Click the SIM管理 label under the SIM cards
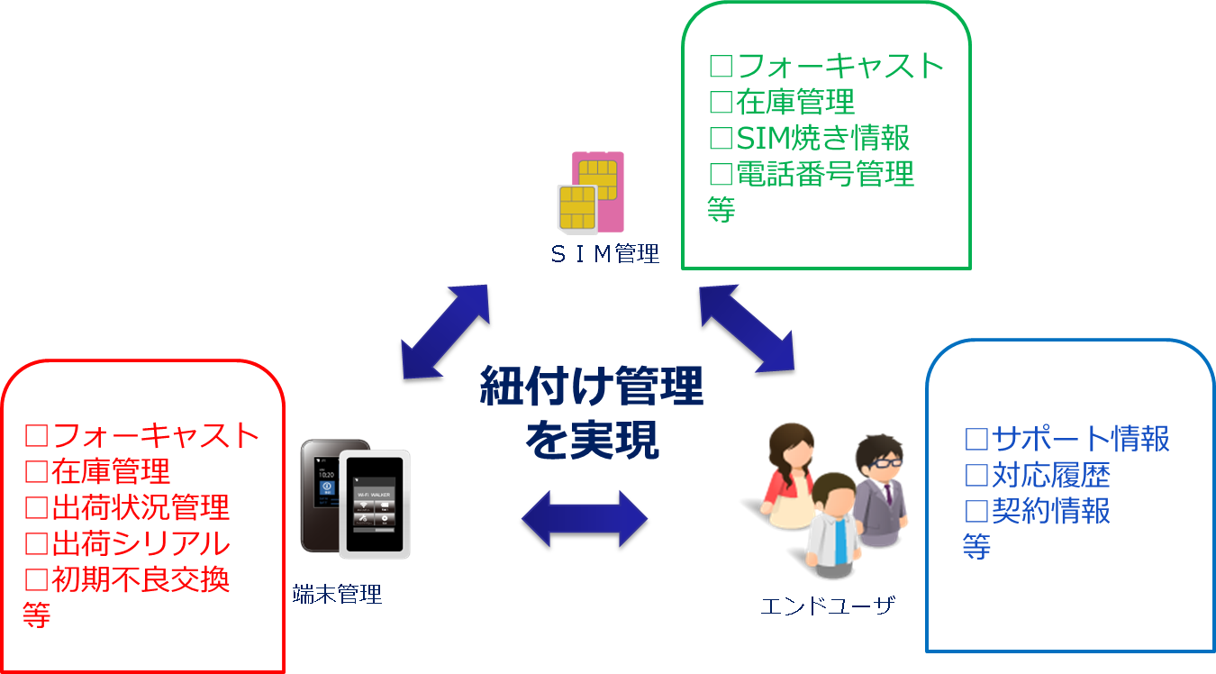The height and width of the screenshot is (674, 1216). [604, 254]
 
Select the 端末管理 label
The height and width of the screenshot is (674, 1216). [337, 594]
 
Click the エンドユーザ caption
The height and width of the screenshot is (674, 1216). [827, 606]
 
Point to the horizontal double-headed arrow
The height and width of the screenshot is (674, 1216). [584, 520]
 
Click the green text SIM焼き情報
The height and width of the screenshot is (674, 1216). [810, 137]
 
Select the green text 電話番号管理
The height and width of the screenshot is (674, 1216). [812, 173]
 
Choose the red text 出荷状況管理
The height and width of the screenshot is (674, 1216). [127, 507]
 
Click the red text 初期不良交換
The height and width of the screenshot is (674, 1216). [127, 579]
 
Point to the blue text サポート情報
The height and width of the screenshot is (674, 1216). [1067, 439]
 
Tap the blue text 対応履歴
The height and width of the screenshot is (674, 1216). [1038, 475]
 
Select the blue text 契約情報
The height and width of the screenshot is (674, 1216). [1038, 511]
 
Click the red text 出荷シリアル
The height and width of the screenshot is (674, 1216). [127, 543]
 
